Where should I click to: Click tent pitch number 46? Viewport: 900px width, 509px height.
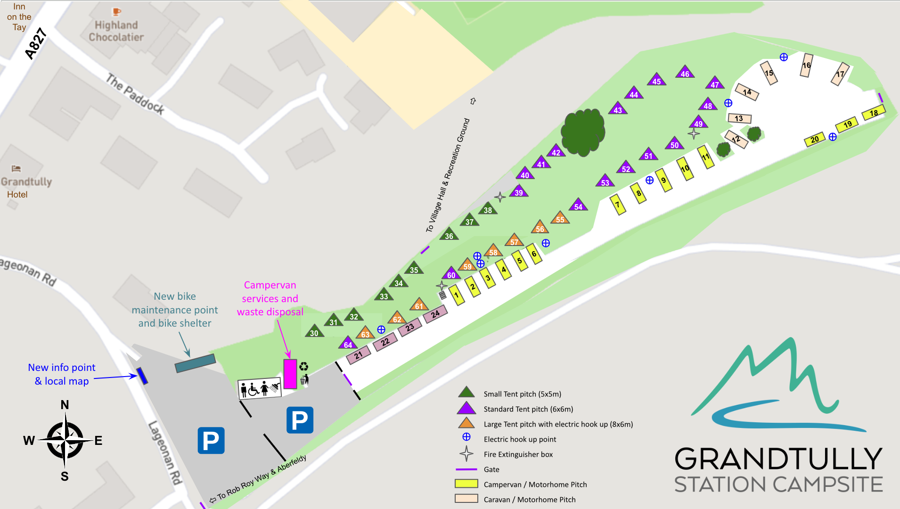(685, 73)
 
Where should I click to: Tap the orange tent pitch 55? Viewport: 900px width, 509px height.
(560, 218)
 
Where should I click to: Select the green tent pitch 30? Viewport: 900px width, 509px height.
(314, 332)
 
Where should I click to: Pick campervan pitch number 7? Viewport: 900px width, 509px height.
(618, 205)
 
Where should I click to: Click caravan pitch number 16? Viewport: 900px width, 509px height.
(807, 66)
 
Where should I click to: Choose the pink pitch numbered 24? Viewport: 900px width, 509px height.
(435, 314)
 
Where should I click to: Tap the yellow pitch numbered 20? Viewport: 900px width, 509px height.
(815, 140)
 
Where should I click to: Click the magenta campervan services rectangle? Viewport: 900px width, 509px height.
(290, 374)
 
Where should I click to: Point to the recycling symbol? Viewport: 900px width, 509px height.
(304, 366)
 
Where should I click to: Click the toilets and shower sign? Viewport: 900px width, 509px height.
(260, 389)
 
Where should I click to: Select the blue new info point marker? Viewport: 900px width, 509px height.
(142, 376)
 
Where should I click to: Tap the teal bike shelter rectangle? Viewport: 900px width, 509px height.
(195, 363)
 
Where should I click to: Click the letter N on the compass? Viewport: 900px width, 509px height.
(65, 405)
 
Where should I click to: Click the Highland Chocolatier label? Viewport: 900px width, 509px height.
(116, 31)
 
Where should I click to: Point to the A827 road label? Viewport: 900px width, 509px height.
(36, 44)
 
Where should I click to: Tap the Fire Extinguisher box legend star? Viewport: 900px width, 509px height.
(466, 454)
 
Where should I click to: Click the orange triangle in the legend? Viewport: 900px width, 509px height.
(466, 423)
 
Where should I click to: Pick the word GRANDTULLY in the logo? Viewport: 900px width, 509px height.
(778, 459)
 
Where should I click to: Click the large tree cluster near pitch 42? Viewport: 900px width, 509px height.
(583, 132)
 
